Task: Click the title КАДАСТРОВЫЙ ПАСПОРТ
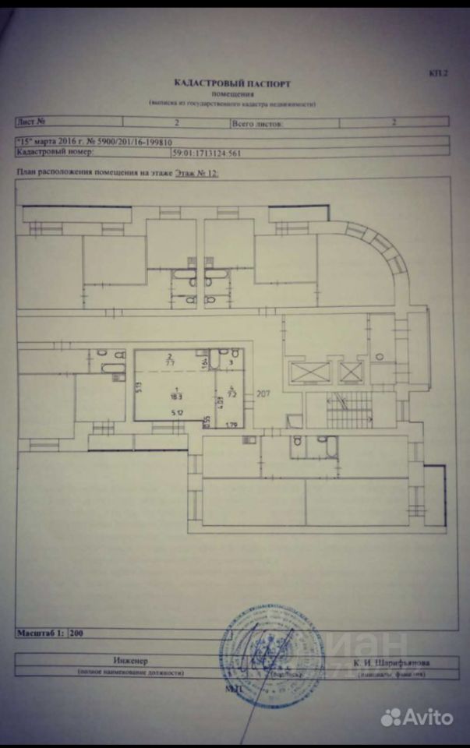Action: click(x=234, y=82)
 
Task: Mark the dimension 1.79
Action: click(x=231, y=425)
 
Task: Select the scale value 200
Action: click(x=76, y=633)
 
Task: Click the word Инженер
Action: click(x=129, y=661)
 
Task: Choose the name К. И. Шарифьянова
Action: click(x=390, y=662)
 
